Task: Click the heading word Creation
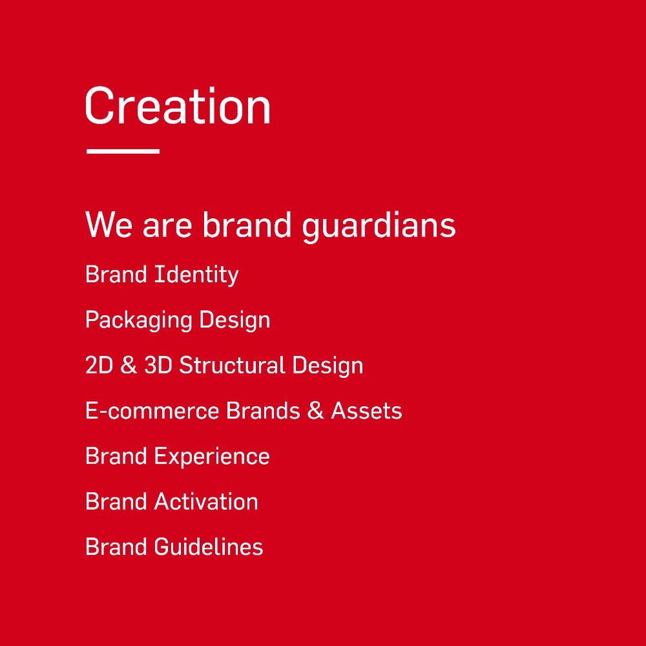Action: (x=178, y=105)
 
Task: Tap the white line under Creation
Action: (x=123, y=151)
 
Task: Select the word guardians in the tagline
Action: (x=379, y=227)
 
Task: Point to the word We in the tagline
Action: (x=109, y=225)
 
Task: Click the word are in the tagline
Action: (x=167, y=228)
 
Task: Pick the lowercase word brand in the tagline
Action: (x=247, y=224)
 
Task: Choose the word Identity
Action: (x=196, y=275)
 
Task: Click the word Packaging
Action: (x=138, y=320)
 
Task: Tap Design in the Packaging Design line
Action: (x=235, y=320)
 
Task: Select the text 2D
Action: (x=99, y=365)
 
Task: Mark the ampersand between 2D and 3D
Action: (x=129, y=365)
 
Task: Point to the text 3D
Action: (x=158, y=365)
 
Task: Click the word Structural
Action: (x=232, y=365)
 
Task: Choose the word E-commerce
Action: (x=152, y=411)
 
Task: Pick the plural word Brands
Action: (x=263, y=410)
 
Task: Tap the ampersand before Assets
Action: (x=316, y=410)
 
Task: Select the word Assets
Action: (x=367, y=411)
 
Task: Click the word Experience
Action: (x=212, y=457)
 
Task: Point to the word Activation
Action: (x=206, y=501)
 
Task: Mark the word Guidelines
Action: (x=209, y=547)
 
